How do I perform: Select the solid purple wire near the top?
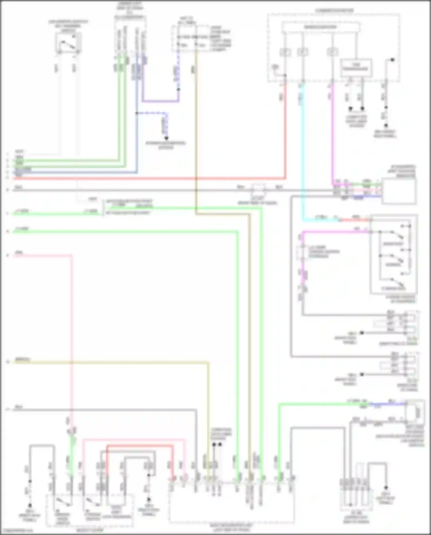click(x=161, y=101)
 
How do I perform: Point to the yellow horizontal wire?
click(x=115, y=363)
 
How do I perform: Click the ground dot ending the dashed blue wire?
click(x=166, y=138)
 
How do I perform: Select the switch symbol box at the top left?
click(x=68, y=43)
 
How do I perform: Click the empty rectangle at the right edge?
click(x=399, y=191)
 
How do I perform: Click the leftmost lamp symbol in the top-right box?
click(x=285, y=52)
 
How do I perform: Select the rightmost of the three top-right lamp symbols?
click(x=332, y=52)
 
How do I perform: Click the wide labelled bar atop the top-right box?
click(x=320, y=27)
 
